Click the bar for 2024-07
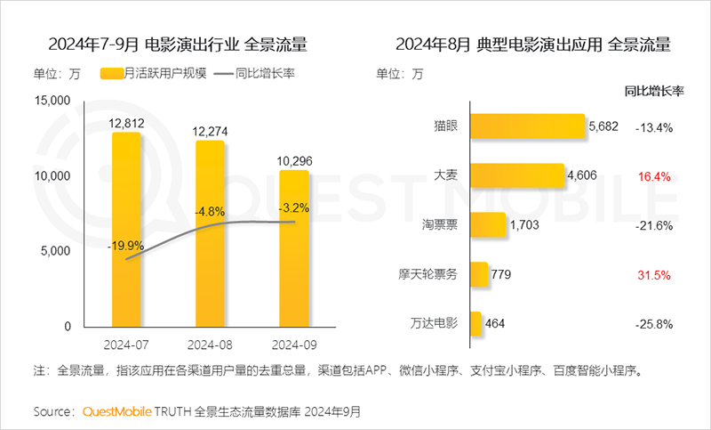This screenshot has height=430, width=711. point(126,230)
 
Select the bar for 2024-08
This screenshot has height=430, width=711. point(211,233)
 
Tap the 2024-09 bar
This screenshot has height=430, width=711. point(294,248)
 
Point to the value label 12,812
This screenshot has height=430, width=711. point(127,123)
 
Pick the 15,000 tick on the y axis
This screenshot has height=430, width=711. point(52,101)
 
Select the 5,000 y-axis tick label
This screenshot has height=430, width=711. point(55,251)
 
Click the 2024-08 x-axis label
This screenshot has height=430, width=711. point(211,343)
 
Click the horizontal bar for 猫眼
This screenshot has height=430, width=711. point(526,127)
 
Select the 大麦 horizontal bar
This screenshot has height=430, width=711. point(516,176)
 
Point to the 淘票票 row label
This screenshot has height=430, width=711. point(440,225)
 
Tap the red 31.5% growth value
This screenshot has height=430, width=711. point(653,274)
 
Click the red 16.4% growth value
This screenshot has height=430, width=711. point(653,176)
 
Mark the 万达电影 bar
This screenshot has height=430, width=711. point(475,323)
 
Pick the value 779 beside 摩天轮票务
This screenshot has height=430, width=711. point(502,274)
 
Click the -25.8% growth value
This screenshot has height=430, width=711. point(653,323)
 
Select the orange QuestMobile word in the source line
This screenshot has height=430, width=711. point(116,412)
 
